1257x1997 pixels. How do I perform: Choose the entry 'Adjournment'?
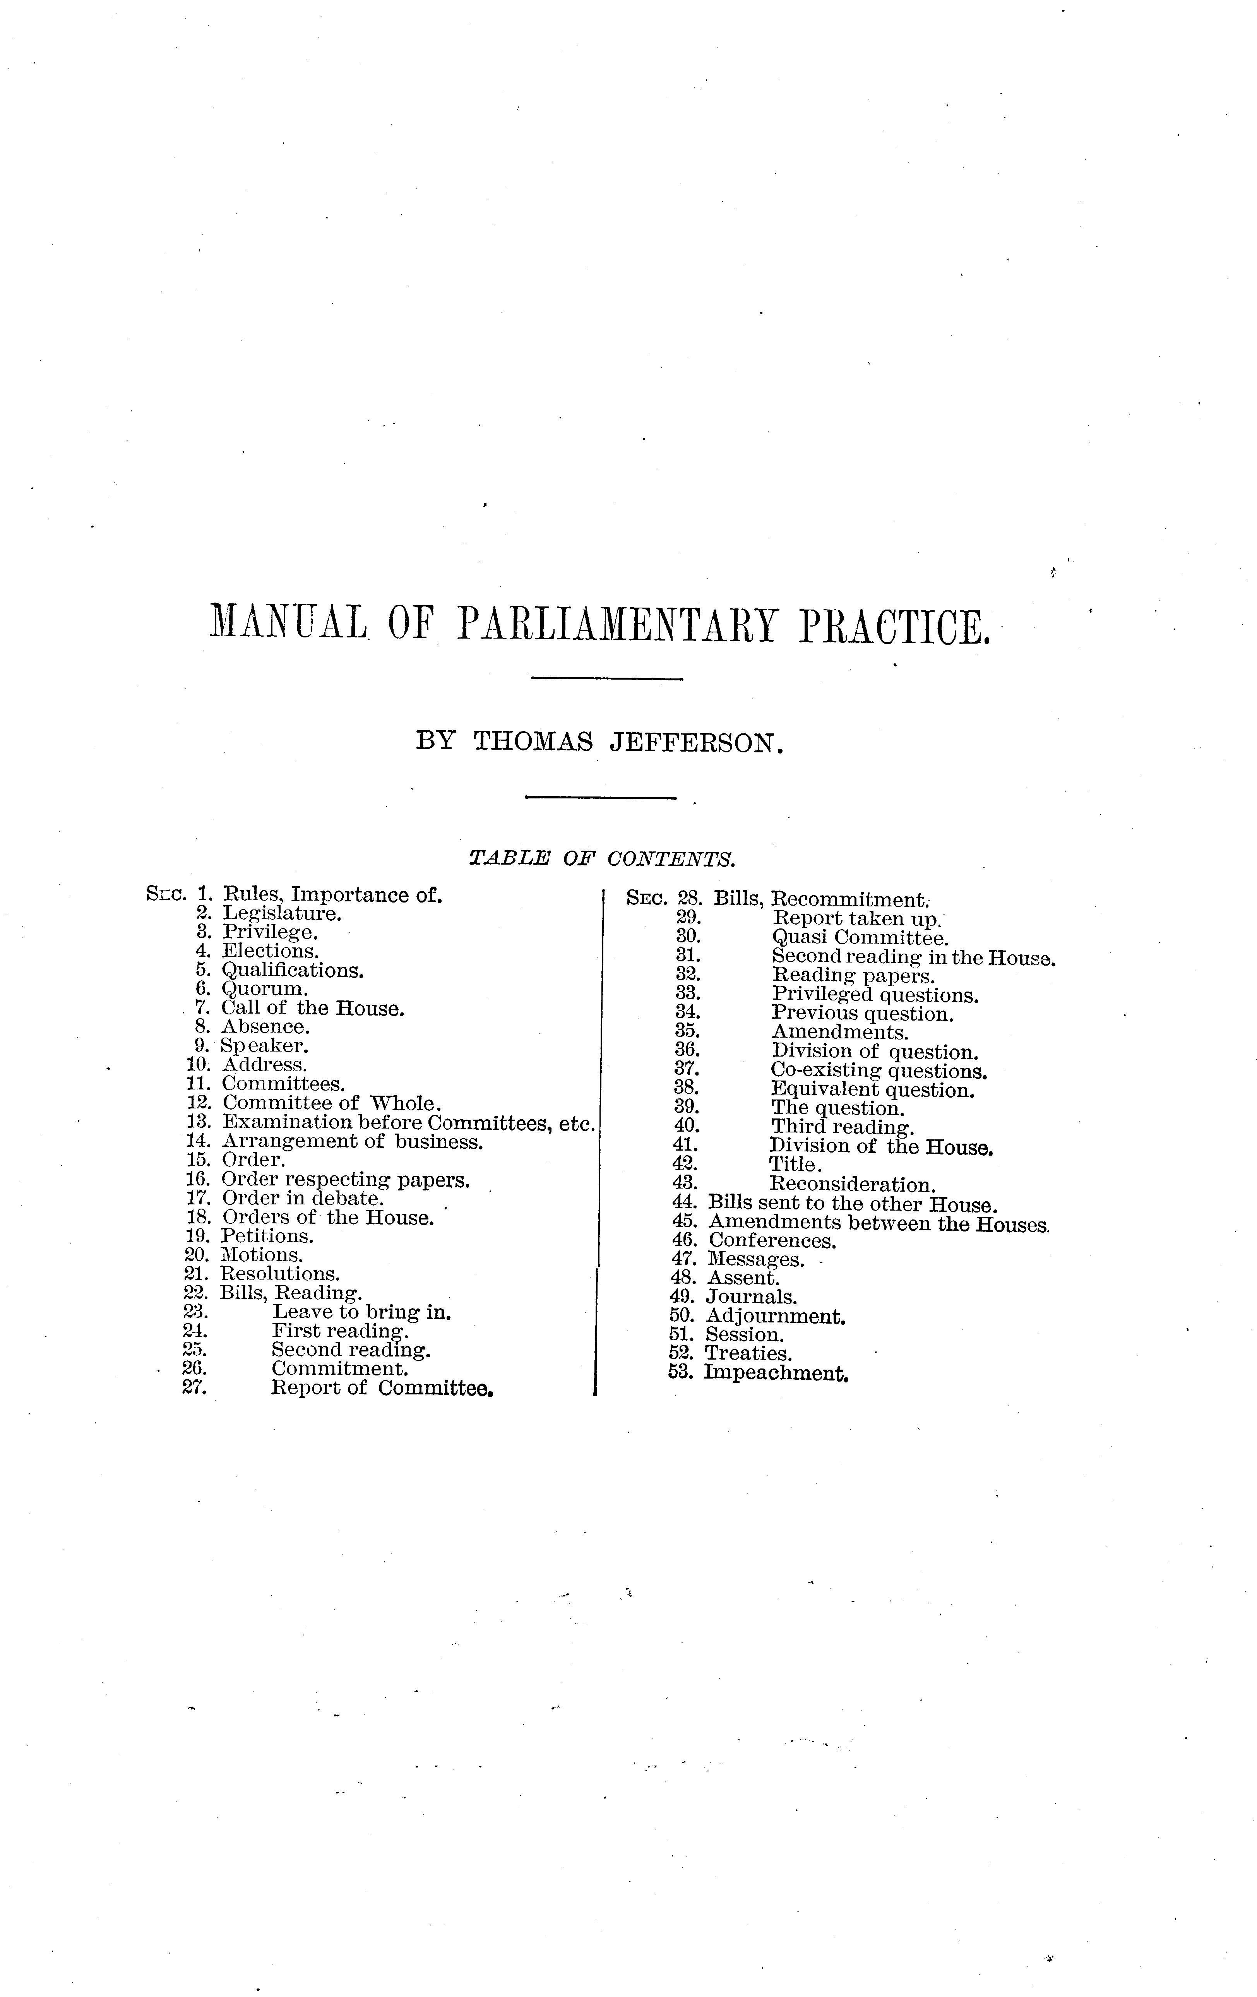tap(775, 1316)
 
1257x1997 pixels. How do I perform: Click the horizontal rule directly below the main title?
tap(605, 680)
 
